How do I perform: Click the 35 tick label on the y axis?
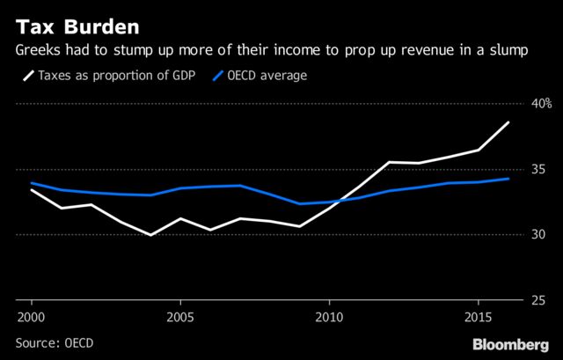(537, 169)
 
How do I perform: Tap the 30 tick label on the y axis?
(537, 235)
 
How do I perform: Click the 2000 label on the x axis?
(31, 316)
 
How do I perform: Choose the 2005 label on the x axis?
(180, 316)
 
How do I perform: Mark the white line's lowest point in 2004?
(150, 235)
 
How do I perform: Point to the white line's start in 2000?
(31, 189)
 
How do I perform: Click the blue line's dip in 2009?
(300, 203)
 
